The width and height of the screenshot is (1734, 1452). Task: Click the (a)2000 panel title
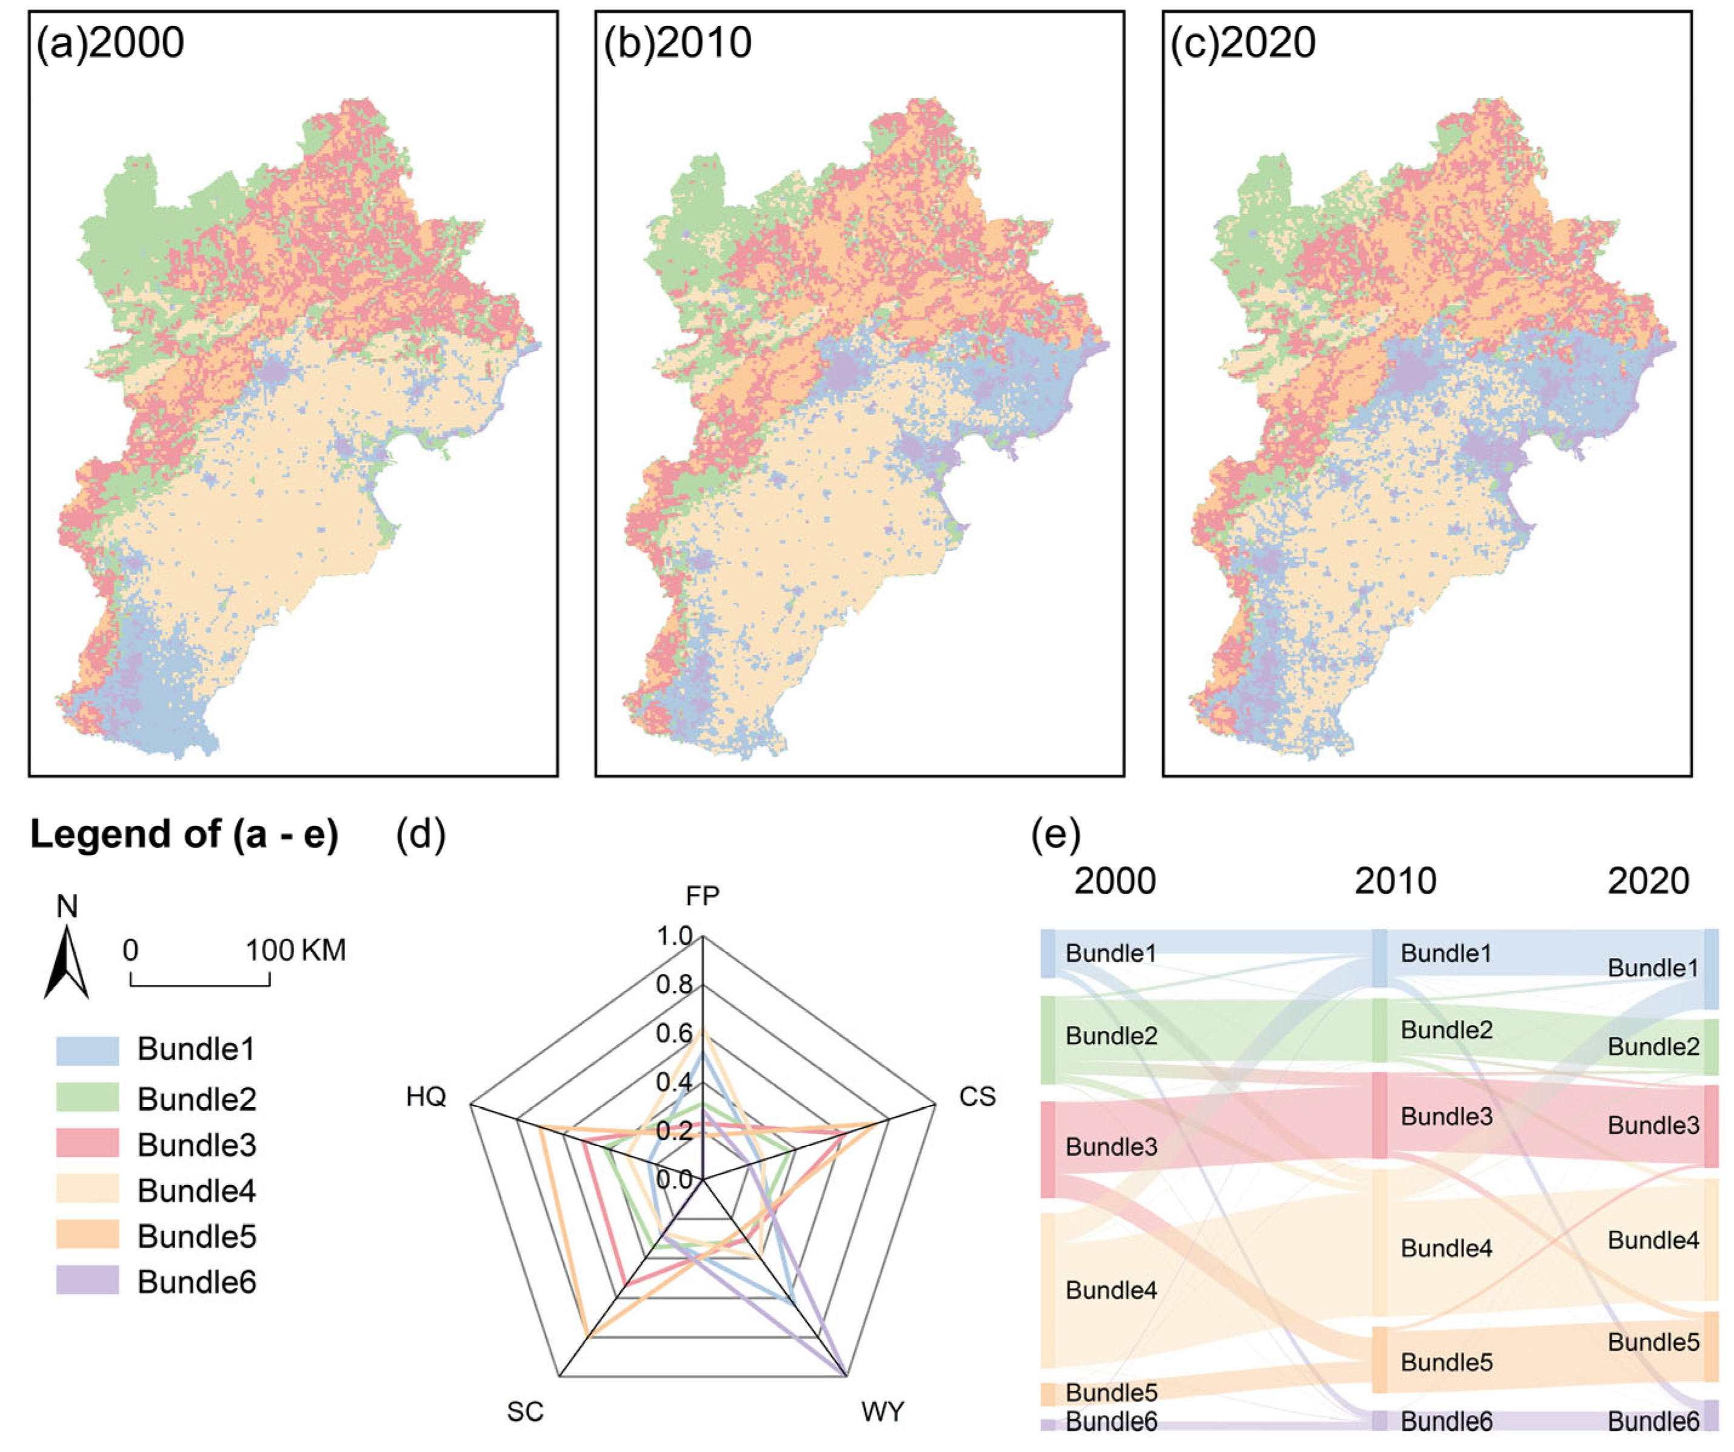110,43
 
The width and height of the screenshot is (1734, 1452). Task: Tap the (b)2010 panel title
677,43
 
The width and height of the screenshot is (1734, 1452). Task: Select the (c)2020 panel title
1243,43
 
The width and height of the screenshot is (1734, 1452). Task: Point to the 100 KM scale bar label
295,950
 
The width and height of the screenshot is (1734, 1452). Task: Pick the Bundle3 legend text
196,1145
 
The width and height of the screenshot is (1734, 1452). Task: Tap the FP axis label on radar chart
703,896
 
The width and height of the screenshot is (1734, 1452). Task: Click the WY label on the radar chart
883,1411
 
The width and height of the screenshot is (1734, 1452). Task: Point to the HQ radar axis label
426,1096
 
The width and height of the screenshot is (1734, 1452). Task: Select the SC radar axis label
525,1411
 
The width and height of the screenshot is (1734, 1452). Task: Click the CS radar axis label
977,1096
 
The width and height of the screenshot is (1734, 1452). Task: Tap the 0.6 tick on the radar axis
674,1033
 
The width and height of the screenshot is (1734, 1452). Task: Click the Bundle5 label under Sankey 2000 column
1111,1393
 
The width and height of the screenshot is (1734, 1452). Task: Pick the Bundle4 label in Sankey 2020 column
1653,1239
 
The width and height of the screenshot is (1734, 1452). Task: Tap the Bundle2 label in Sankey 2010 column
1446,1030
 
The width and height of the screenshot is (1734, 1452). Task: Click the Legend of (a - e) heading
184,834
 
